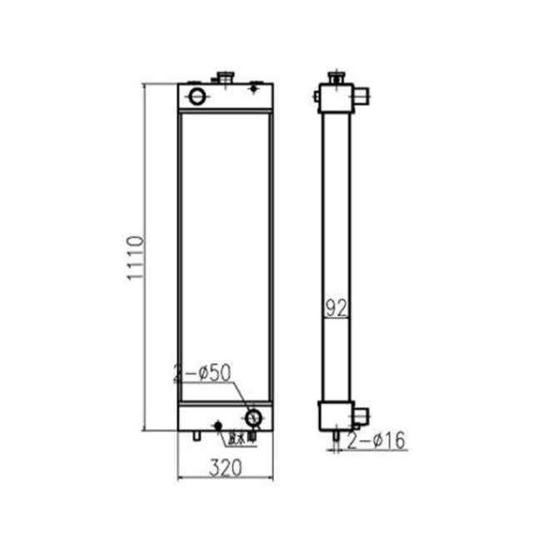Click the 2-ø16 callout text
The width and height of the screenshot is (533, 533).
pos(376,441)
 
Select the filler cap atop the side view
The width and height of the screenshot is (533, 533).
pos(336,78)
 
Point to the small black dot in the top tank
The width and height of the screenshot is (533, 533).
pos(255,86)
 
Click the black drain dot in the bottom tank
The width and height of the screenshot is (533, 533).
pos(219,426)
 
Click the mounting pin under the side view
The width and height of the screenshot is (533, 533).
pos(335,436)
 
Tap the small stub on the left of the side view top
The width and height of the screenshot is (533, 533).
pos(317,98)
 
